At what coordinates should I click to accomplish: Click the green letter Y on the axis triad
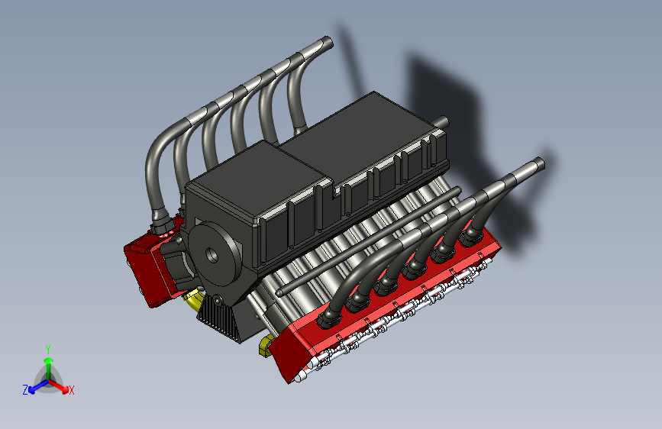pyautogui.click(x=48, y=350)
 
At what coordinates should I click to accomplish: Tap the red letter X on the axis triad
pyautogui.click(x=71, y=390)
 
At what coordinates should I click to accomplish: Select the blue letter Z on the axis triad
pyautogui.click(x=25, y=390)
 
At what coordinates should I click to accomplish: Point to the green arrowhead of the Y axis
pyautogui.click(x=49, y=360)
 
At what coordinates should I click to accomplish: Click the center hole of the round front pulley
pyautogui.click(x=212, y=255)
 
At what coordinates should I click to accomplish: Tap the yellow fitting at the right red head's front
pyautogui.click(x=265, y=345)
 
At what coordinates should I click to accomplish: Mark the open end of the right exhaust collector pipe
pyautogui.click(x=540, y=163)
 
